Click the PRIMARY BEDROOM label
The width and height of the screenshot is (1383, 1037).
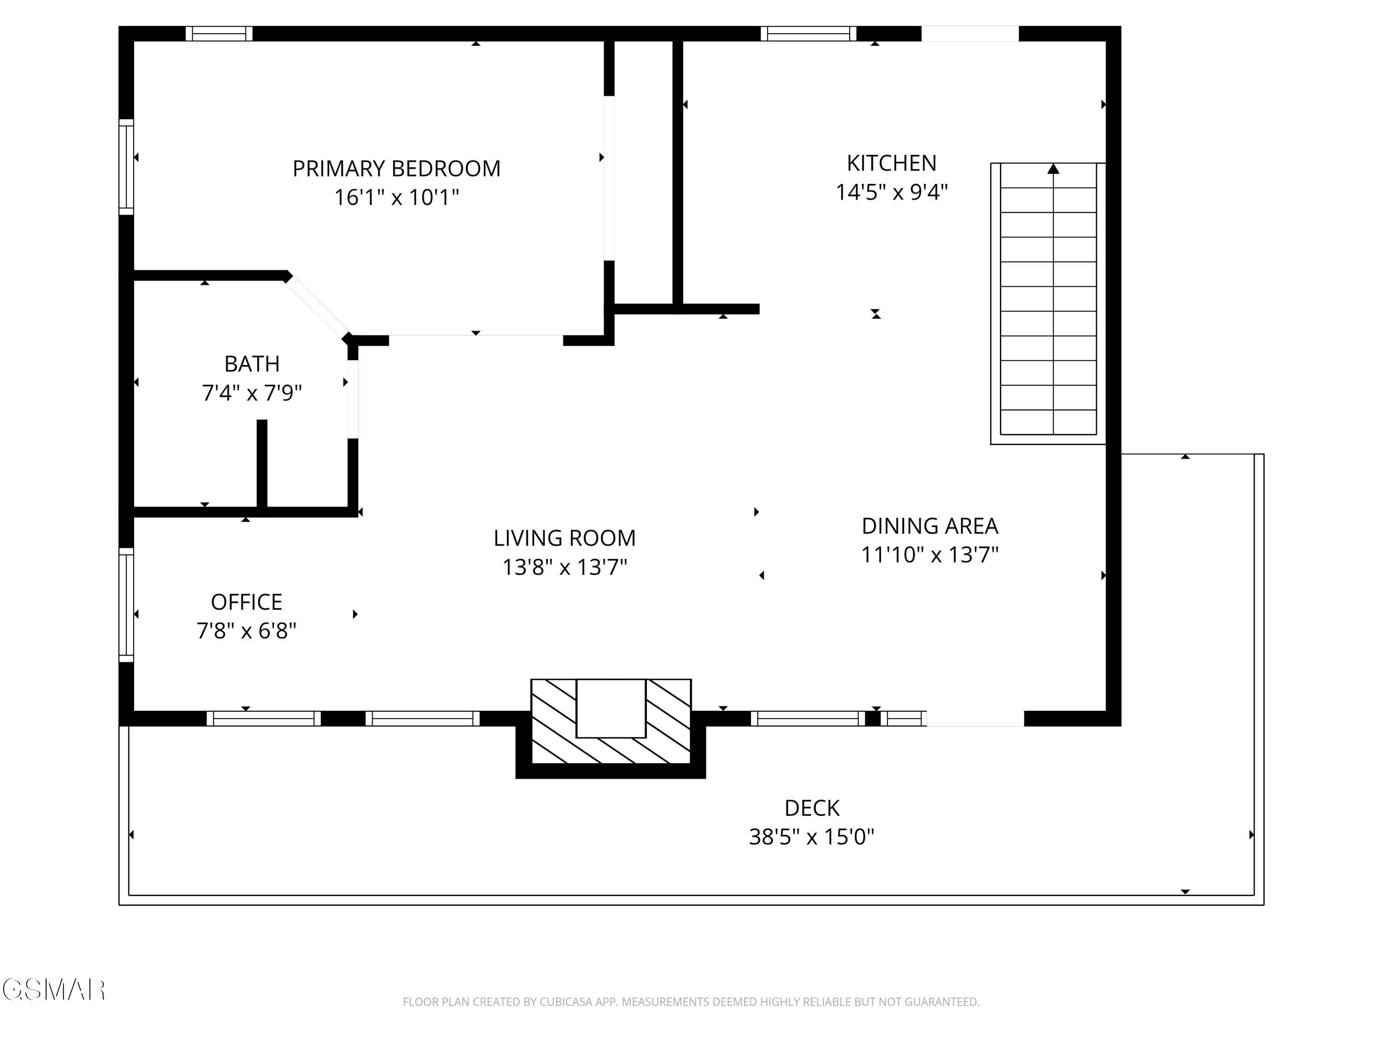396,168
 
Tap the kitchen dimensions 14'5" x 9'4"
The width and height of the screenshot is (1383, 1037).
892,192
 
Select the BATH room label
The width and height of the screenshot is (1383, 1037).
252,364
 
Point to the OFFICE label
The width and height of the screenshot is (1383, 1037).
246,602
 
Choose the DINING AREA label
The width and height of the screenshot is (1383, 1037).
930,526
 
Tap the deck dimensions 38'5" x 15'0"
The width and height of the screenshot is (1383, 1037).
811,837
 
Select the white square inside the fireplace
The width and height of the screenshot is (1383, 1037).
610,708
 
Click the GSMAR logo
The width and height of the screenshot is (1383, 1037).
54,990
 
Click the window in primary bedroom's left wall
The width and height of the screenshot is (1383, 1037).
126,166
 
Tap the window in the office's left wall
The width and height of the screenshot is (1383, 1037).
126,604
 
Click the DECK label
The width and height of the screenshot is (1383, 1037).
811,808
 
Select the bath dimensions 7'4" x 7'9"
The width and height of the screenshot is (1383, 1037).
252,393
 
